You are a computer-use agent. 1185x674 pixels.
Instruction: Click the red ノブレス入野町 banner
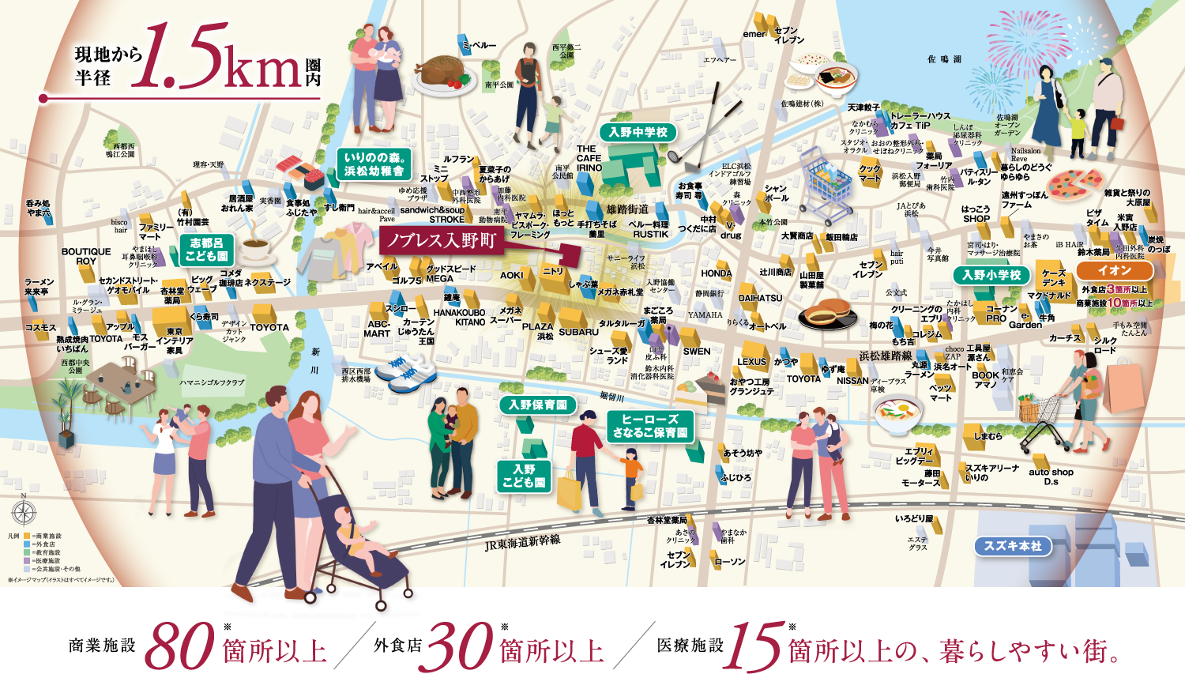[441, 241]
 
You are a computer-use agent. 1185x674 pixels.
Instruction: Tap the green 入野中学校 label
[638, 133]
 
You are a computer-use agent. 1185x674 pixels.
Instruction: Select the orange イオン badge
[1114, 270]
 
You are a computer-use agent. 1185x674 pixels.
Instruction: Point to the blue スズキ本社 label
[1013, 546]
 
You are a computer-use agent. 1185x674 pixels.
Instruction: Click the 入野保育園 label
[537, 405]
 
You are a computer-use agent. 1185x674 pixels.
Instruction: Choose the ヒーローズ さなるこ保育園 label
[650, 426]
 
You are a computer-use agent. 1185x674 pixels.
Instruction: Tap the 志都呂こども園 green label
[207, 250]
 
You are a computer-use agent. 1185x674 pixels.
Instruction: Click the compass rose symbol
[24, 512]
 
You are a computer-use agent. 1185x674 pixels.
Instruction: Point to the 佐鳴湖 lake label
[944, 59]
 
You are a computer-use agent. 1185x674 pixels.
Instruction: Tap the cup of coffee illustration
[255, 249]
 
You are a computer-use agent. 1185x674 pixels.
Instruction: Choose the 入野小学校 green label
[991, 275]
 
